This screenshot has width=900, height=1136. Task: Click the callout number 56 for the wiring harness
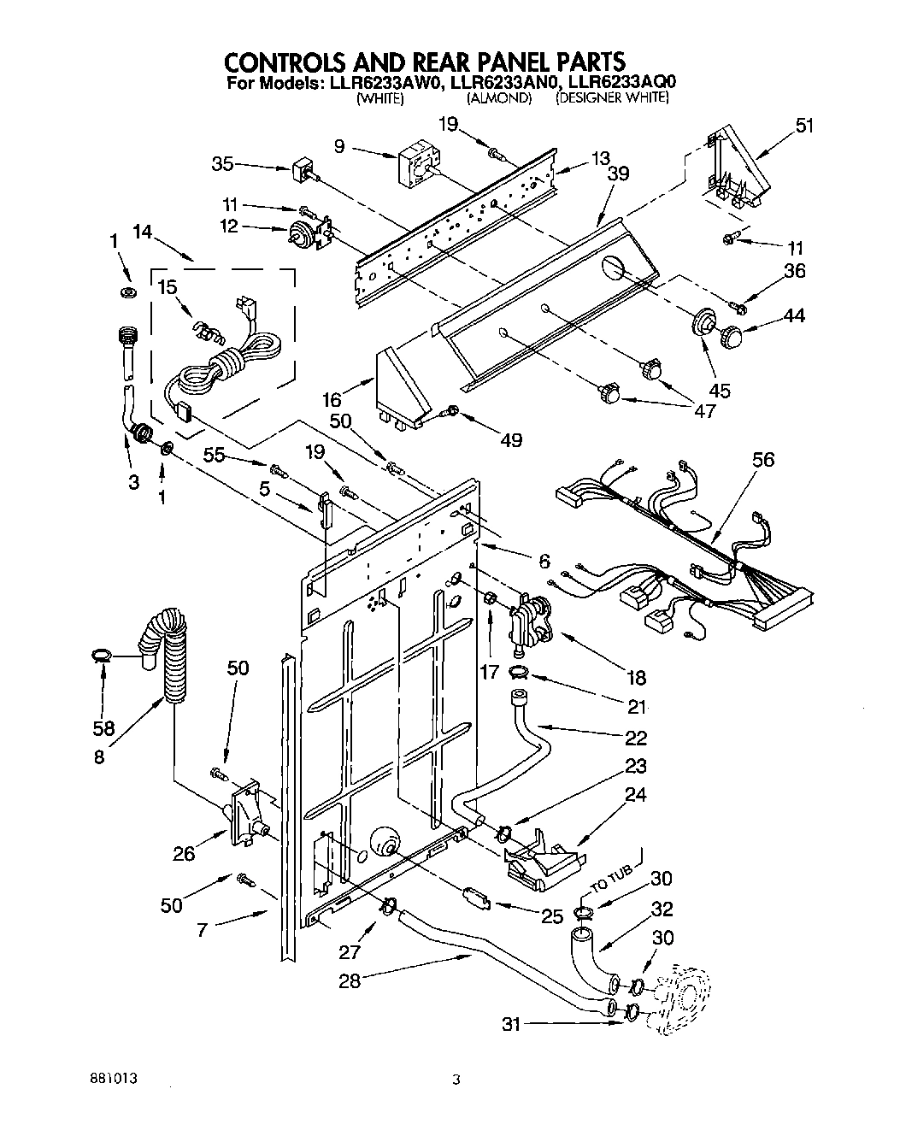point(762,460)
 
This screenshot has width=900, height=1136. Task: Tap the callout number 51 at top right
point(804,125)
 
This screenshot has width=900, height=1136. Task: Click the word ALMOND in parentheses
point(499,98)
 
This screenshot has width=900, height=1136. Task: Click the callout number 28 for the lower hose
point(350,981)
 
